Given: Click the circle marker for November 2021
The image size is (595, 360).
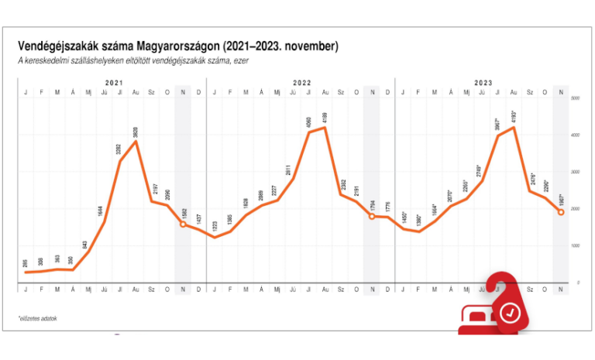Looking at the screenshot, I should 183,225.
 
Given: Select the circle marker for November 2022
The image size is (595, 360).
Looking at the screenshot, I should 372,217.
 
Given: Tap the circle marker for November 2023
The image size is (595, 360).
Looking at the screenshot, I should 561,212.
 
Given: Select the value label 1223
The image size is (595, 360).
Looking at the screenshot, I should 215,227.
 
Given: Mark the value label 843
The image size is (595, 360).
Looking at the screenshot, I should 88,242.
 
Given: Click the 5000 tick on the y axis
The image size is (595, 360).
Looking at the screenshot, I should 575,99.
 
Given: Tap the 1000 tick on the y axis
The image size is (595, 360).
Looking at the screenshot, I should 575,246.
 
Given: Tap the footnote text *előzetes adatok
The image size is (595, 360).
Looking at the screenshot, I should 38,317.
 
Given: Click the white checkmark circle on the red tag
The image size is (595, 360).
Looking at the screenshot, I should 510,313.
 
